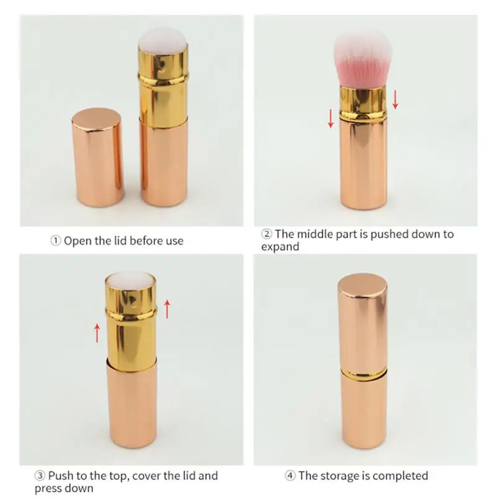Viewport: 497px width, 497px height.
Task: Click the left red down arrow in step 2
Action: pyautogui.click(x=331, y=117)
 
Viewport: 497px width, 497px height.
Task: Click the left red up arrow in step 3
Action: pyautogui.click(x=97, y=332)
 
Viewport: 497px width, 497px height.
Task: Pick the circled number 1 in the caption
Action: pyautogui.click(x=55, y=240)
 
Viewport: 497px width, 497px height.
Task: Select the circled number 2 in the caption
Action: pyautogui.click(x=266, y=234)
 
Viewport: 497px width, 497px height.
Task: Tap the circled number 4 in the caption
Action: pyautogui.click(x=290, y=476)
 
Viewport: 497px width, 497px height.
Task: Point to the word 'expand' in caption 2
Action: pyautogui.click(x=280, y=247)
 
